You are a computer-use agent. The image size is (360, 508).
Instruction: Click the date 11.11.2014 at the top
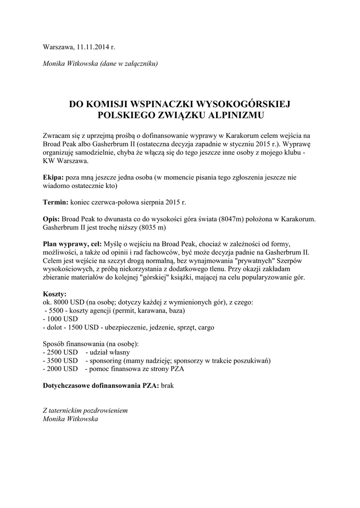(93, 48)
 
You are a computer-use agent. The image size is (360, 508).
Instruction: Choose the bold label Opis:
(52, 219)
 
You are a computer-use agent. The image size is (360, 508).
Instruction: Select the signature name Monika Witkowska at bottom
(72, 419)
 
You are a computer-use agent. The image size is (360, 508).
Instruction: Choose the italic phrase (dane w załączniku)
(129, 64)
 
